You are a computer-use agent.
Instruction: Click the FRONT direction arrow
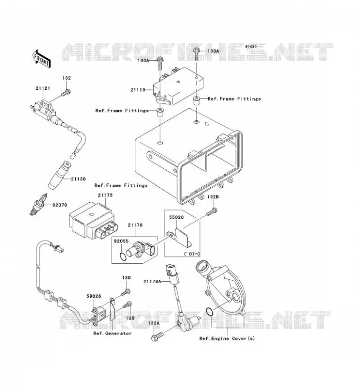[x=41, y=59]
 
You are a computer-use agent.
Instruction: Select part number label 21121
[x=43, y=88]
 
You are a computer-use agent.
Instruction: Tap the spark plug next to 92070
[x=38, y=204]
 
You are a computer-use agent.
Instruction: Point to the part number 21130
[x=78, y=179]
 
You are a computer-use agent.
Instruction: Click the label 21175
[x=105, y=195]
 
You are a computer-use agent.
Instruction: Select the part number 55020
[x=176, y=217]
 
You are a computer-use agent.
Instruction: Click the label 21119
[x=138, y=90]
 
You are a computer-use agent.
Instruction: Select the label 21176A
[x=152, y=281]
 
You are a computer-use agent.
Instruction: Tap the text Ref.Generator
[x=113, y=333]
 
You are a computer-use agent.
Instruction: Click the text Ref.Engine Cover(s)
[x=227, y=338]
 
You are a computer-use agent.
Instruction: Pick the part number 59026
[x=94, y=296]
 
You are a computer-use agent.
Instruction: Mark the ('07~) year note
[x=192, y=254]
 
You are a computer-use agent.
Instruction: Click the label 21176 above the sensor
[x=135, y=225]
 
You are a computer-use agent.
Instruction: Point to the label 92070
[x=59, y=205]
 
